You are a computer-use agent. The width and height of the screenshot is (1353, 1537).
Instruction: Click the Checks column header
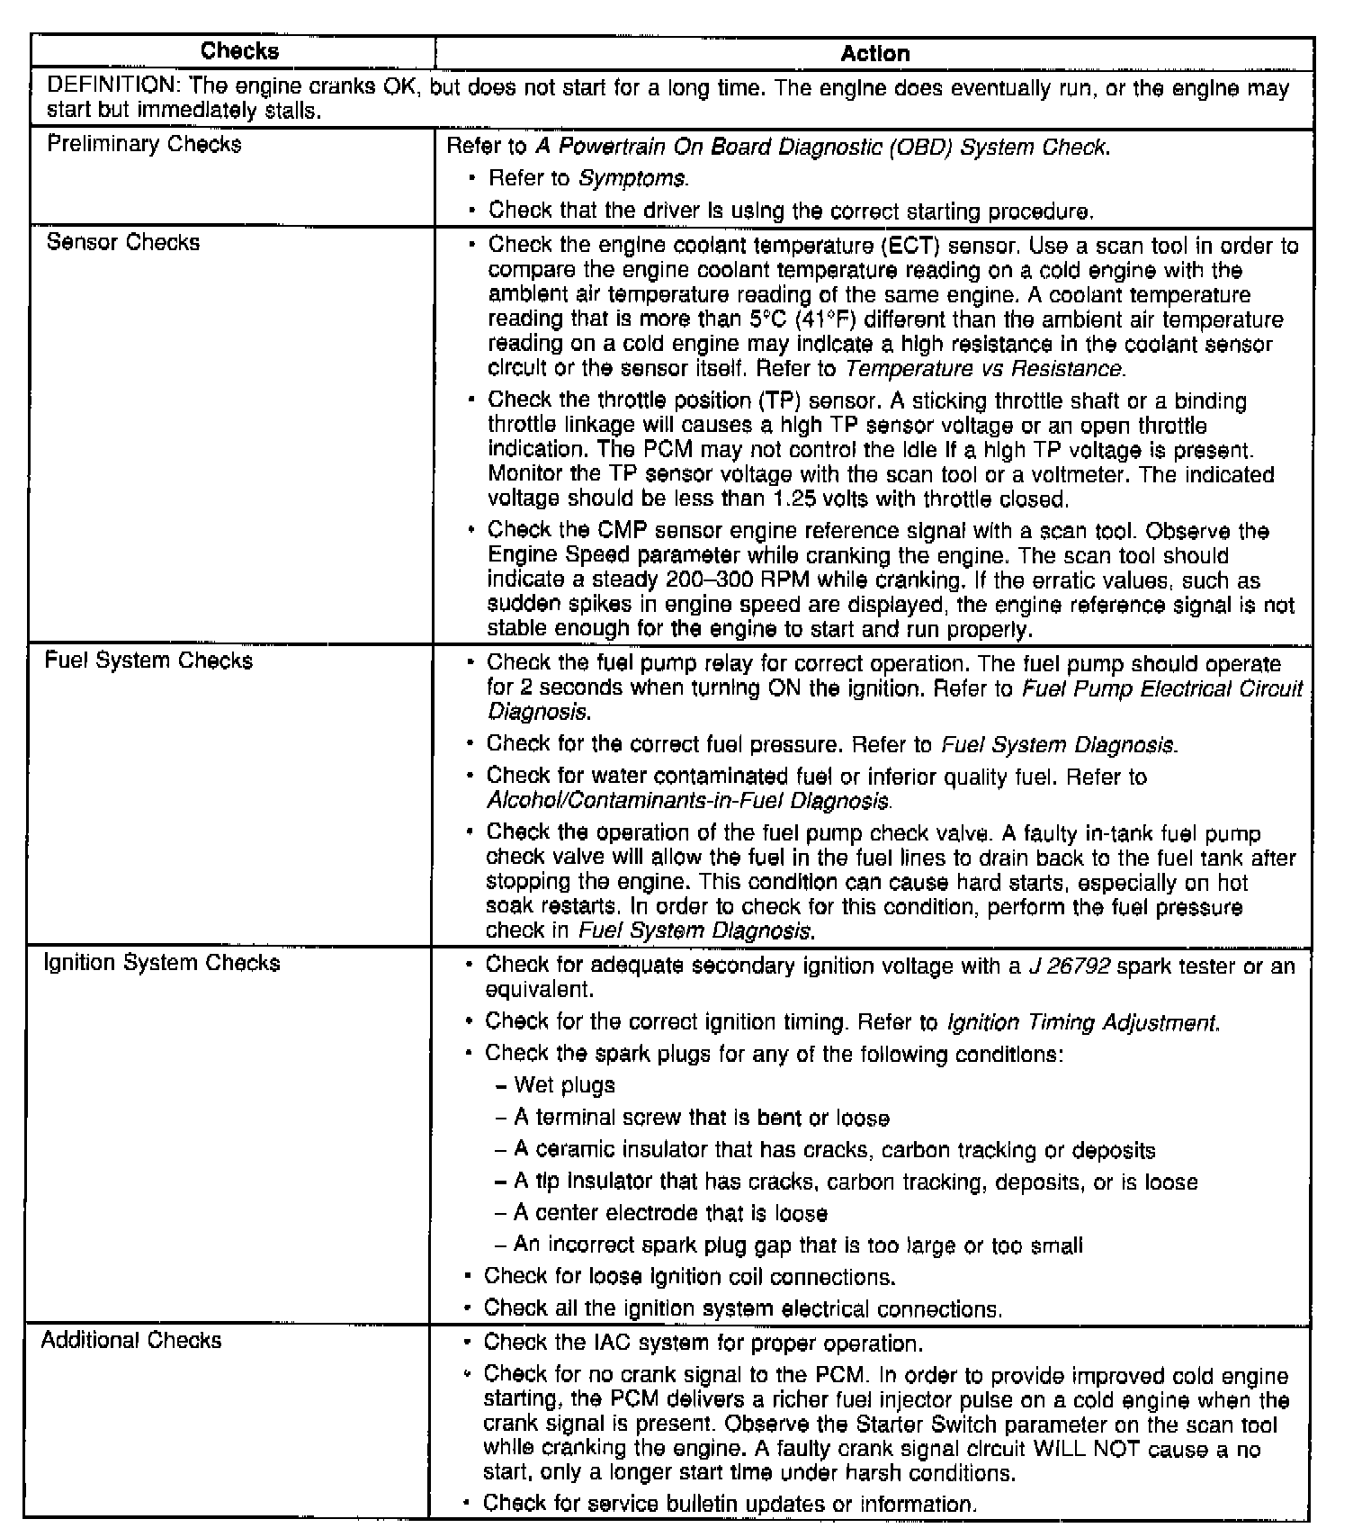click(x=239, y=51)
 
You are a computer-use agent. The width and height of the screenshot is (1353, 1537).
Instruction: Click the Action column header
click(x=874, y=54)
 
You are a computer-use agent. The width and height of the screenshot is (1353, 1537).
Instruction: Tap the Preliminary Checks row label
click(x=144, y=145)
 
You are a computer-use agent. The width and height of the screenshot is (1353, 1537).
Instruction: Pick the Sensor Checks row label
click(x=123, y=243)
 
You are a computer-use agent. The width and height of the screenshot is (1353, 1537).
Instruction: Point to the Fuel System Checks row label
click(x=148, y=661)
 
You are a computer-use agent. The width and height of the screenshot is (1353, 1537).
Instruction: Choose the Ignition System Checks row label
click(x=162, y=964)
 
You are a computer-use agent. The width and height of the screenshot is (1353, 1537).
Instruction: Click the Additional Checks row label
click(x=131, y=1341)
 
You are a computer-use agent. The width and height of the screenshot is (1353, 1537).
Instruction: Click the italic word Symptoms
click(x=632, y=179)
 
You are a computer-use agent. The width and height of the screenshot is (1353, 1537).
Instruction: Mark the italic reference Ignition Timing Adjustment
click(x=1082, y=1023)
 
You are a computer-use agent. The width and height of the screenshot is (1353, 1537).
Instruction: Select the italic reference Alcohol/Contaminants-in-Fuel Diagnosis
click(x=688, y=800)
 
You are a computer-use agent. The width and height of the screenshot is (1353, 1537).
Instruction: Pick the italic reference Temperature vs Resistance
click(x=984, y=369)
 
